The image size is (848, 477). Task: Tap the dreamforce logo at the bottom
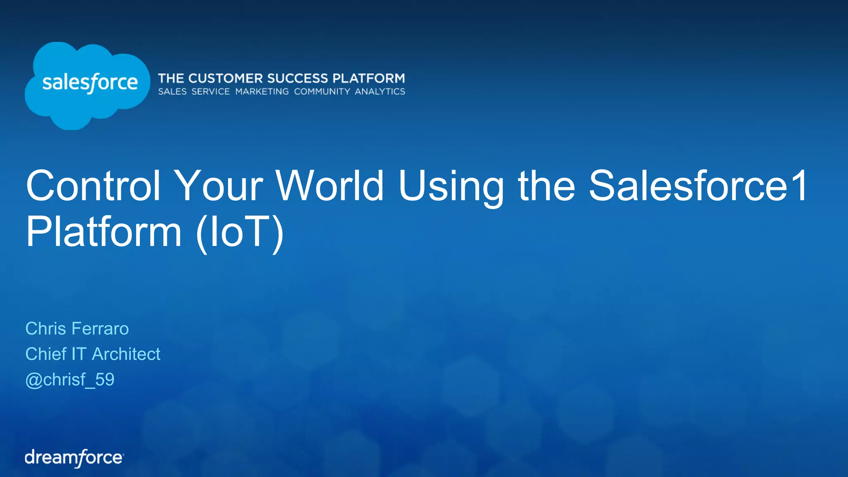click(x=74, y=458)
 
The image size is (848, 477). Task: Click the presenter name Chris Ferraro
click(x=77, y=329)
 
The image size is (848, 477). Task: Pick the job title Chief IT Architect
click(x=93, y=354)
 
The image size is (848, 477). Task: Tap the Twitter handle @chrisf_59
click(x=70, y=380)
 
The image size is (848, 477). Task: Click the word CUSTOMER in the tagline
click(x=226, y=78)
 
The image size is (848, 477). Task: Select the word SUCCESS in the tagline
click(x=297, y=78)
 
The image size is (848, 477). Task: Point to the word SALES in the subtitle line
click(x=172, y=92)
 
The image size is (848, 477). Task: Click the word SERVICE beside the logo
click(x=210, y=92)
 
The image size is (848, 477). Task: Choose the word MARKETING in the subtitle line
click(x=262, y=92)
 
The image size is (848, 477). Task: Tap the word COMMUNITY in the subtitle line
click(x=322, y=92)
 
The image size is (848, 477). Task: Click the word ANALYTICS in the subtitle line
click(x=380, y=92)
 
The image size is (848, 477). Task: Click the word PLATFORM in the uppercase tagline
click(x=369, y=78)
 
